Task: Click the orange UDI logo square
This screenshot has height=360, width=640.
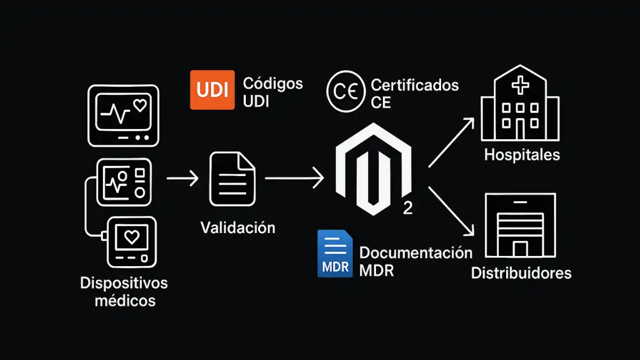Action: [x=212, y=90]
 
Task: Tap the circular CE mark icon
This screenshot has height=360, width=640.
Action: [x=345, y=92]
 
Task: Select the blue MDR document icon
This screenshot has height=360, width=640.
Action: [x=334, y=254]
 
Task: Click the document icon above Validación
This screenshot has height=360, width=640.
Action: [x=232, y=179]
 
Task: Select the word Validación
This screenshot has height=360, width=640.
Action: [x=238, y=228]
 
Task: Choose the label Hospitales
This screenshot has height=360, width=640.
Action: [x=522, y=155]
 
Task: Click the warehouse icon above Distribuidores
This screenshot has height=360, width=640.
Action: [x=521, y=225]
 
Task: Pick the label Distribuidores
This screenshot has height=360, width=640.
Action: [x=521, y=273]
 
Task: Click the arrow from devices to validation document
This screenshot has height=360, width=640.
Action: [x=182, y=179]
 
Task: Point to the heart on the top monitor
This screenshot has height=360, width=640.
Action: [x=140, y=106]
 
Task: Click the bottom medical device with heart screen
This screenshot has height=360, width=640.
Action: [x=131, y=242]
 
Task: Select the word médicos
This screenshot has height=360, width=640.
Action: [x=125, y=300]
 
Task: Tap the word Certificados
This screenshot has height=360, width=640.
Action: [x=414, y=85]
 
